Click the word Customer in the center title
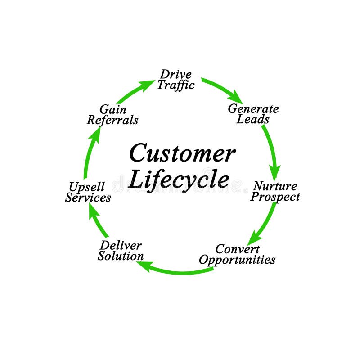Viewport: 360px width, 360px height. tap(182, 153)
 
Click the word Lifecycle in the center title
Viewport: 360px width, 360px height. tap(179, 180)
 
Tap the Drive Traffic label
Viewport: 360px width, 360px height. tap(175, 80)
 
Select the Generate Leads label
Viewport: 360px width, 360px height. tap(253, 114)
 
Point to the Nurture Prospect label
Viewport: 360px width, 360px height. tap(275, 191)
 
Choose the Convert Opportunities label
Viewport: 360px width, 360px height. tap(237, 254)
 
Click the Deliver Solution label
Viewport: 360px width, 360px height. tap(121, 251)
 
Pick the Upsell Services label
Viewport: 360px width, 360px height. tap(88, 192)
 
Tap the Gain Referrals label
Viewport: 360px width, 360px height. tap(112, 115)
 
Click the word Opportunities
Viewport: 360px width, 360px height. tap(237, 260)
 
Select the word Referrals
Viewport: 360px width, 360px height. tap(112, 120)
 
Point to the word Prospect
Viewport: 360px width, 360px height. tap(275, 197)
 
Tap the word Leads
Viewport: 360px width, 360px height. tap(253, 119)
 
